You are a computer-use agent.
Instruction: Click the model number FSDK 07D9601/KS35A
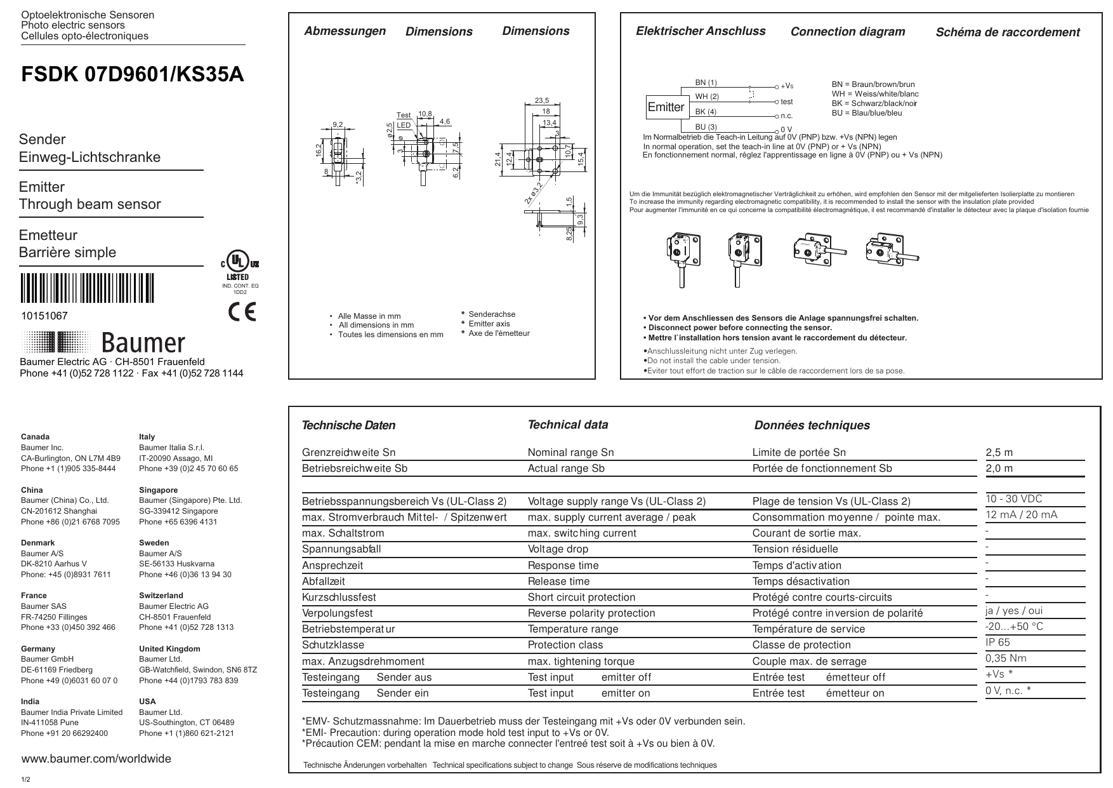tap(133, 75)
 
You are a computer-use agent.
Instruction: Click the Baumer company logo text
tap(143, 343)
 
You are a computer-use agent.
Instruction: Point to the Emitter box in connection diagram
tap(666, 107)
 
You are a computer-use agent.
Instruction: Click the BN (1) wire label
tap(706, 83)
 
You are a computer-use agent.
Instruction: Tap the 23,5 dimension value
tap(541, 100)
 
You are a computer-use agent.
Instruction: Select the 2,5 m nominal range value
tap(999, 453)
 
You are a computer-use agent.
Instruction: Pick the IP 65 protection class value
tap(998, 643)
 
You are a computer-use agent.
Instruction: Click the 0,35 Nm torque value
tap(1006, 658)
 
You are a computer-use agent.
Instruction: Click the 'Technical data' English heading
tap(567, 425)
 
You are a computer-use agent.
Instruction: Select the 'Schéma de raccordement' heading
tap(1007, 32)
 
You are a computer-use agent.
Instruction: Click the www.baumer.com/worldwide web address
tap(96, 759)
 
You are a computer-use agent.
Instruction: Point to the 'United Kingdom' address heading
tap(169, 649)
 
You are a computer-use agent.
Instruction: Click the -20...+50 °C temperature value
tap(1014, 627)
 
